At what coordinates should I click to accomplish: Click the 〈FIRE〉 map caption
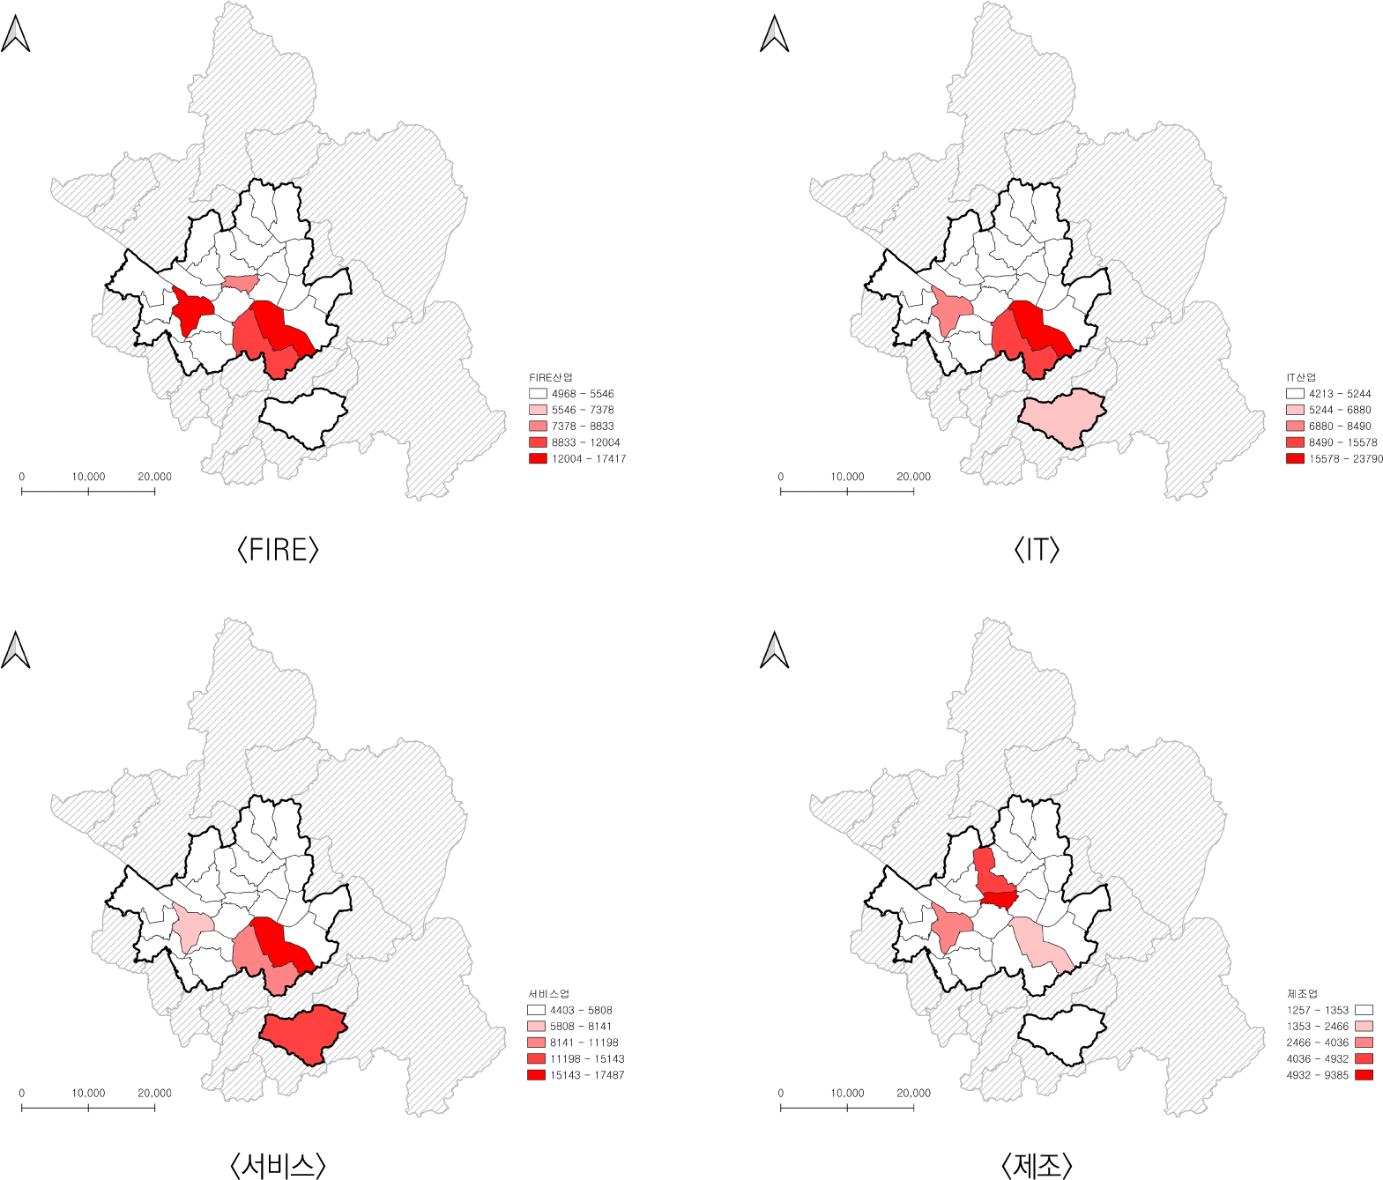tap(278, 550)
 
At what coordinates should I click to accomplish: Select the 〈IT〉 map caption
tap(1037, 550)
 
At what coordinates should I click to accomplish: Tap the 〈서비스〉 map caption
tap(278, 1166)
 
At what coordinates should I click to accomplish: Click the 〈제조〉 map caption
tap(1037, 1166)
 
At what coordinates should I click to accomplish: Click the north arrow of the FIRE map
tap(16, 34)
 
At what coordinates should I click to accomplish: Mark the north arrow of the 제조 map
tap(774, 650)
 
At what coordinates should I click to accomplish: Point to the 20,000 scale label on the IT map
tap(913, 477)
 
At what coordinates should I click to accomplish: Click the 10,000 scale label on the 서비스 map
tap(88, 1093)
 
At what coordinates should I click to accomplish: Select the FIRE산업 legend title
tap(550, 377)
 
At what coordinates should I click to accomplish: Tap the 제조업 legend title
tap(1301, 994)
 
